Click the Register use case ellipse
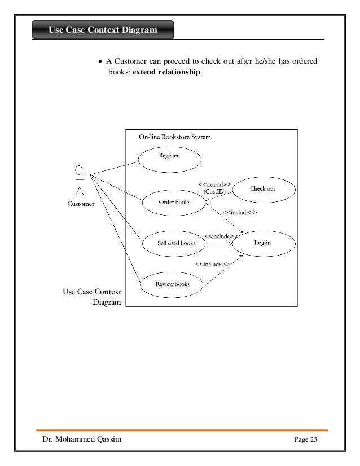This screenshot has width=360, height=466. tap(169, 156)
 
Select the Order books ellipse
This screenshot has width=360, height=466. tap(174, 202)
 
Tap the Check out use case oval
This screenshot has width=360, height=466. tap(262, 189)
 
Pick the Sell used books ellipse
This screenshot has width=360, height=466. tap(176, 244)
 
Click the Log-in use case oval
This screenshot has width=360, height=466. tap(263, 244)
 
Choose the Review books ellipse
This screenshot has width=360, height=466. tap(172, 285)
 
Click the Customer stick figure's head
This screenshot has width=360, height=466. tap(80, 170)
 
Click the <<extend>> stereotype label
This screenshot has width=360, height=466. tap(213, 184)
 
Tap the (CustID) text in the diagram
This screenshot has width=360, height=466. tap(214, 192)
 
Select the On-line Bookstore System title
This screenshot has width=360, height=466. tap(175, 137)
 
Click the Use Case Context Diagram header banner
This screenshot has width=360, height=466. tap(103, 30)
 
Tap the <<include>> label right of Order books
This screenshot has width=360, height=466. tap(240, 213)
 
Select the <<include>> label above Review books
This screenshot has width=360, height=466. tap(212, 264)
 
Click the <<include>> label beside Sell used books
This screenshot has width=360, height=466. tap(220, 236)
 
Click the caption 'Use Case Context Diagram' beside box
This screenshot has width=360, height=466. tap(91, 297)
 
